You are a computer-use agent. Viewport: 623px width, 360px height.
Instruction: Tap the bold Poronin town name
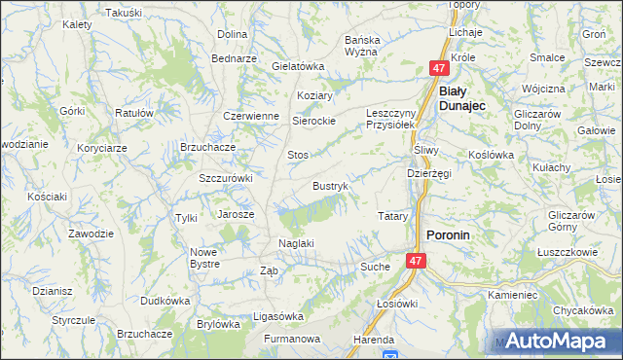(x=449, y=234)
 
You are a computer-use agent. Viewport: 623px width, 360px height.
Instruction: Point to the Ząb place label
(x=270, y=271)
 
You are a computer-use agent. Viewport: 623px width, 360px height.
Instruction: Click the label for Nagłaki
(x=295, y=243)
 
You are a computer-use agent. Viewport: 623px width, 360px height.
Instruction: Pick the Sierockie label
(x=314, y=122)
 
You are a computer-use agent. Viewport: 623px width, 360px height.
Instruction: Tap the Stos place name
(x=298, y=155)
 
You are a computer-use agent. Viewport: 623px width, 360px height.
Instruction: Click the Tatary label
(x=392, y=215)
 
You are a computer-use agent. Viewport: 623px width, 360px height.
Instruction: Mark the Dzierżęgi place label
(x=429, y=173)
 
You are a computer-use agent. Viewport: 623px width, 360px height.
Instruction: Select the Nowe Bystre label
(x=203, y=258)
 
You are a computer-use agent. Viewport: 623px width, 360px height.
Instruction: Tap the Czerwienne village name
(x=251, y=115)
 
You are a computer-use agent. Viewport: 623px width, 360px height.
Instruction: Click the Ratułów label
(x=134, y=113)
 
